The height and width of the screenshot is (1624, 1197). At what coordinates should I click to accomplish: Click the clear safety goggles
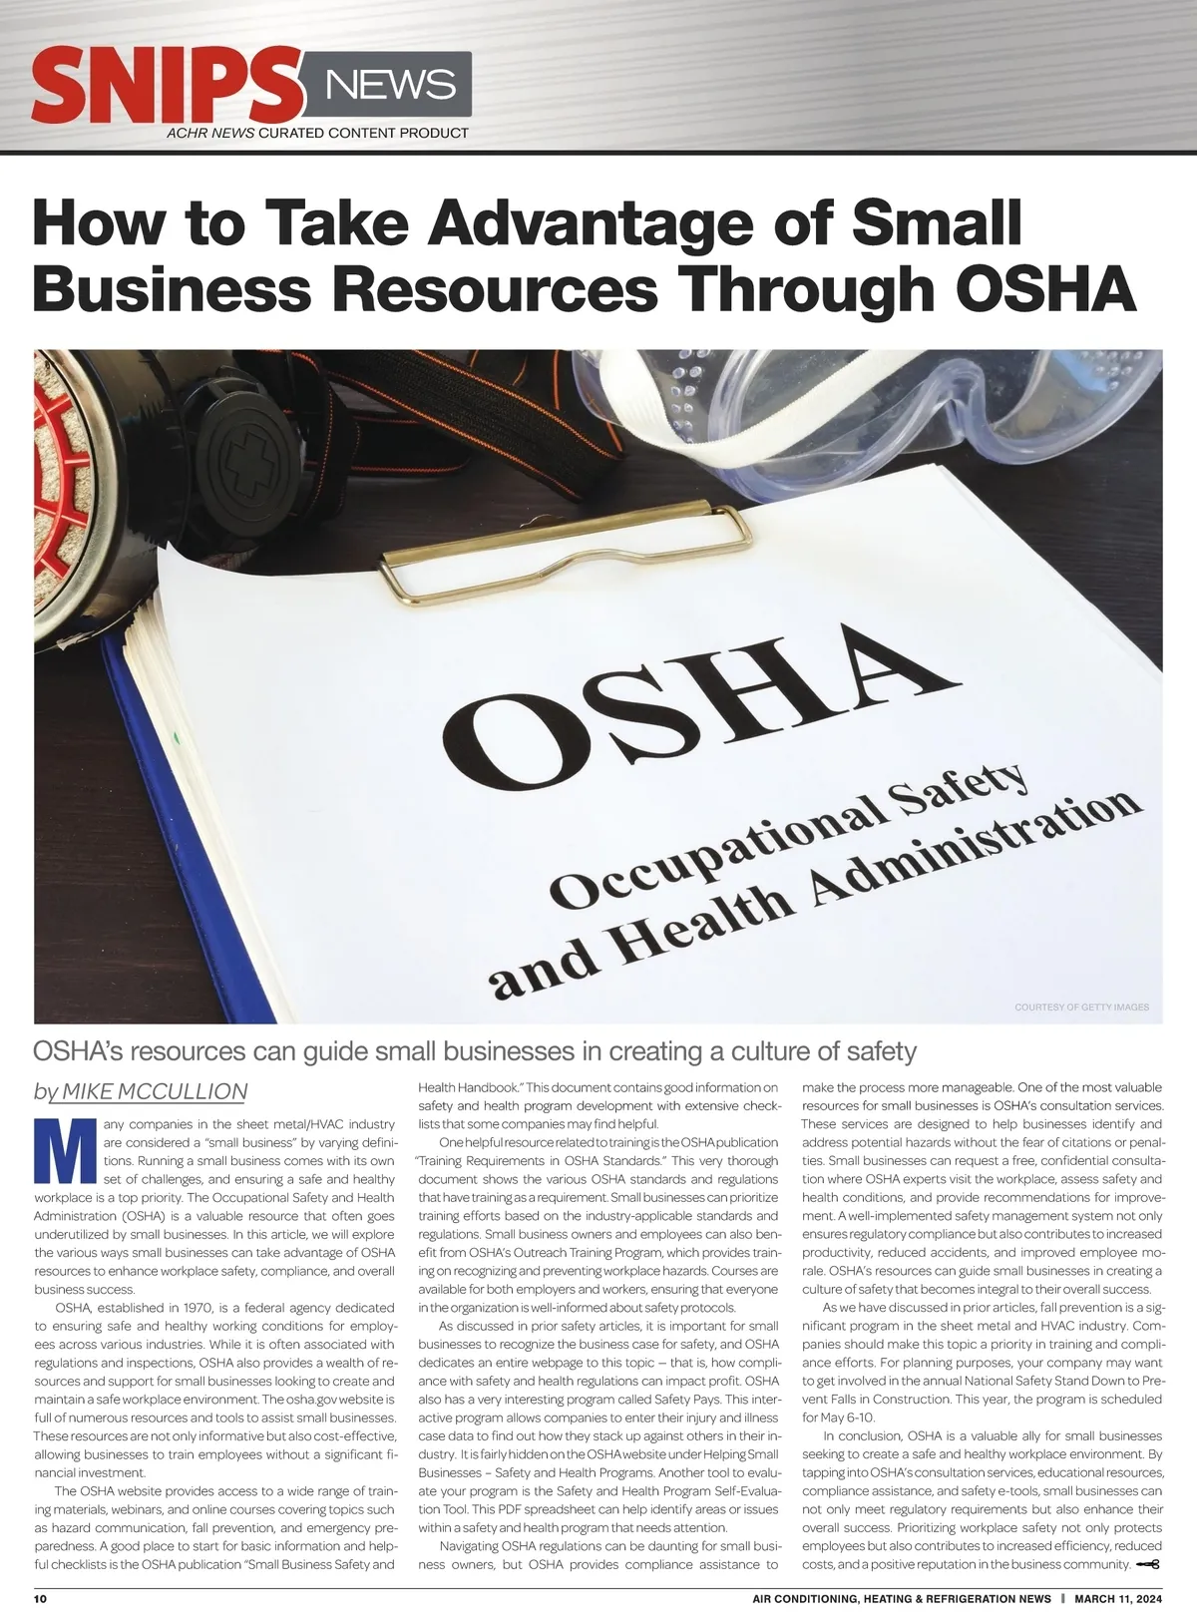[x=898, y=419]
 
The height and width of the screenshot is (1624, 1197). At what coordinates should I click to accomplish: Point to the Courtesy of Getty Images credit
[x=1081, y=1008]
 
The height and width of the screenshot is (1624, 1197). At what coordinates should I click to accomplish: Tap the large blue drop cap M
[x=64, y=1151]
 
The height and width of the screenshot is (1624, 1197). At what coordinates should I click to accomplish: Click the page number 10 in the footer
[x=41, y=1598]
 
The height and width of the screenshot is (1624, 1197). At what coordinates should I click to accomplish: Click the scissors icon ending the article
[x=1148, y=1564]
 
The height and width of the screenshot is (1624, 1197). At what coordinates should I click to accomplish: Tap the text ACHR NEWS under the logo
[x=210, y=133]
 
